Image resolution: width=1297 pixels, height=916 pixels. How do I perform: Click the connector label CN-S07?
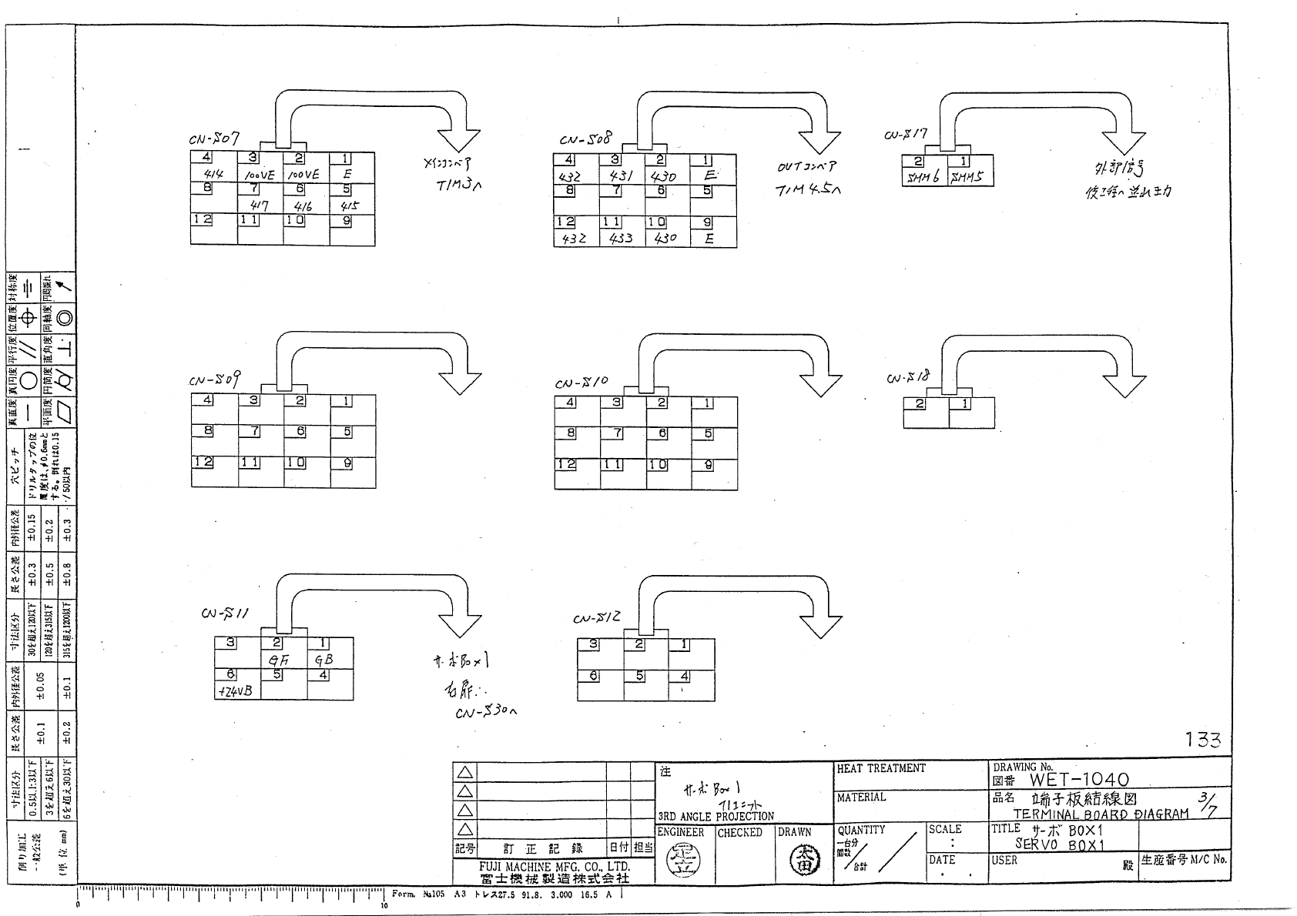click(214, 139)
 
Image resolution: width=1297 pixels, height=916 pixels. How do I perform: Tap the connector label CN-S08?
click(585, 139)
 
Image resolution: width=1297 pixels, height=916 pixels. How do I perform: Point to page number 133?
click(1202, 740)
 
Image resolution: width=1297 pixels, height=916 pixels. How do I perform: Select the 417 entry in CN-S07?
click(260, 206)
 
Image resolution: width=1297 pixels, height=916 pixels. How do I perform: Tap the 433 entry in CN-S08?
click(621, 239)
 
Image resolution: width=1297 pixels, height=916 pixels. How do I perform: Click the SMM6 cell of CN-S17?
click(923, 177)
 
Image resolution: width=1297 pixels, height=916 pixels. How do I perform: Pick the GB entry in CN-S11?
click(323, 660)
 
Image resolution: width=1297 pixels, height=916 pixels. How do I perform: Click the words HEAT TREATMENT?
click(881, 768)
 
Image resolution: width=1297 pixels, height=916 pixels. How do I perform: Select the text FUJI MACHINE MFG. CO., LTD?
click(554, 867)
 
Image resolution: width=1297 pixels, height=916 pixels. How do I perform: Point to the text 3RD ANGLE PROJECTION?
click(716, 816)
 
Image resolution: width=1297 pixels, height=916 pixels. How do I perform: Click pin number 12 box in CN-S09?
click(203, 462)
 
